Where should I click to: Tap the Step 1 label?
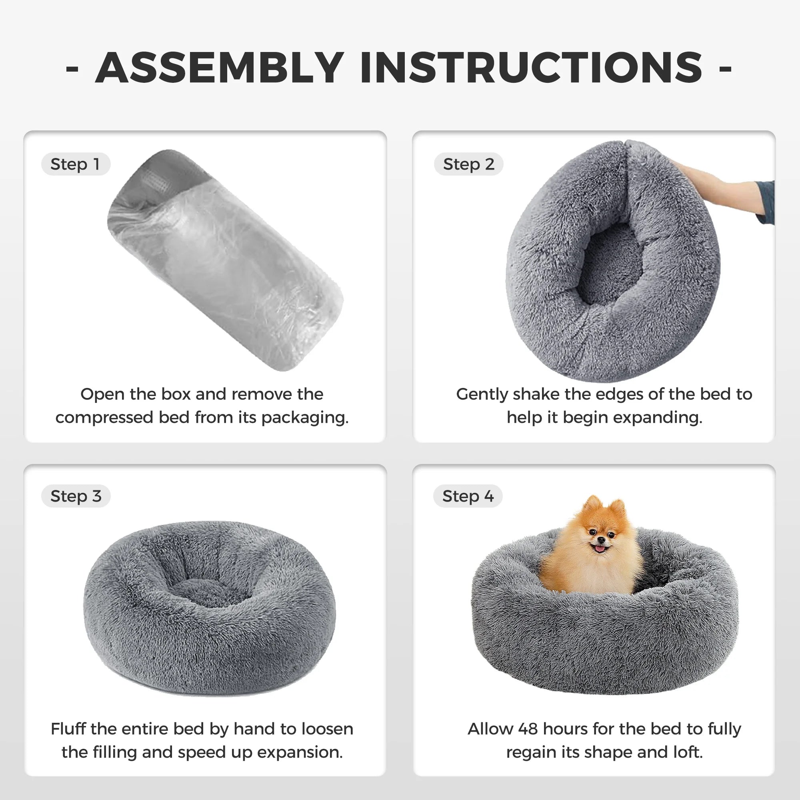[75, 164]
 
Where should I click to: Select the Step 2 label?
[468, 164]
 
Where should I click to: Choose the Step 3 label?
[76, 496]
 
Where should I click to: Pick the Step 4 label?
[468, 496]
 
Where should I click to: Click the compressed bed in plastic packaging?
[226, 261]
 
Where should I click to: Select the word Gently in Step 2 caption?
[482, 395]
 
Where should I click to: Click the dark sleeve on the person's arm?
[767, 203]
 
